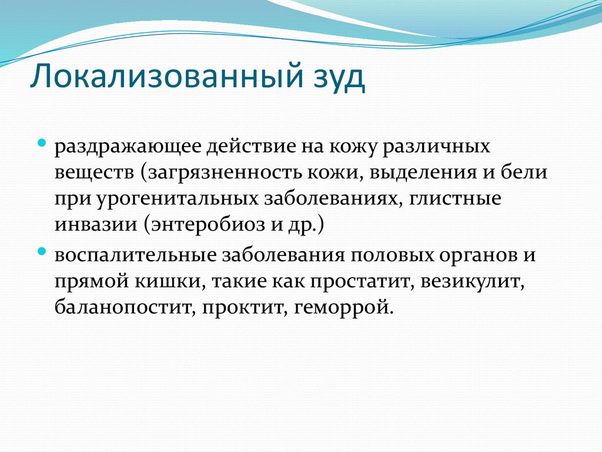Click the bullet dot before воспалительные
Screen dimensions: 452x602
click(42, 251)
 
